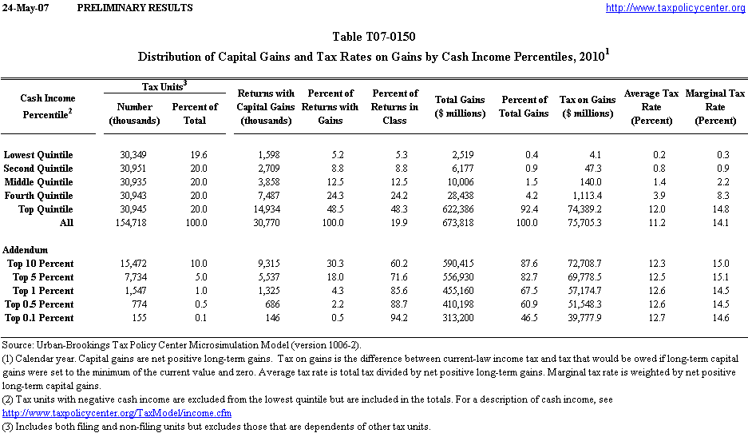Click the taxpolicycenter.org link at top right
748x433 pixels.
pos(675,8)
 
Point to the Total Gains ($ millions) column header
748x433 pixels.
pos(460,107)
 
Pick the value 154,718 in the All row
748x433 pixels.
pos(134,223)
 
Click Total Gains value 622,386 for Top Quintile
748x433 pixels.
pos(460,209)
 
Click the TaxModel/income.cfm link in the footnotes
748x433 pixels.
pos(117,413)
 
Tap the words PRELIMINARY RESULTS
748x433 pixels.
pos(135,8)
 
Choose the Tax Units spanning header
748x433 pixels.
pos(164,85)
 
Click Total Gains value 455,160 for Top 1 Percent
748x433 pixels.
pos(460,291)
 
